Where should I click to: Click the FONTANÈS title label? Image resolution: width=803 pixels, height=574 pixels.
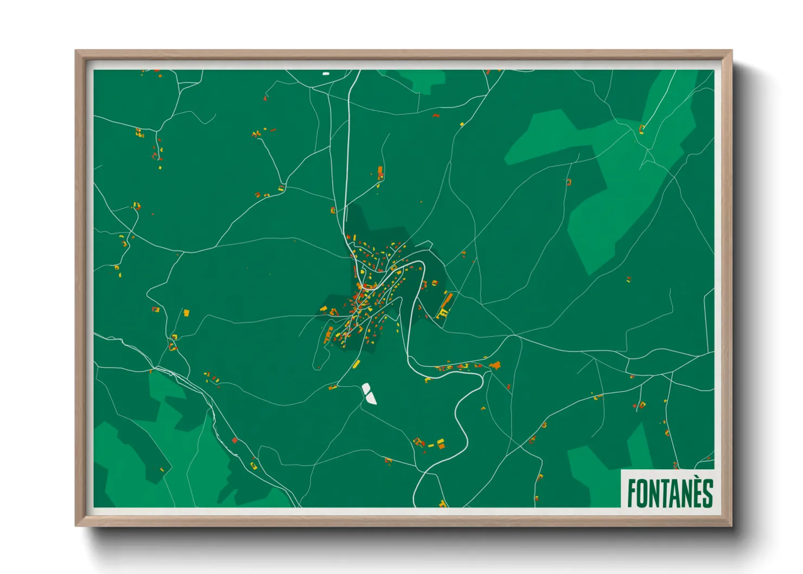tap(669, 493)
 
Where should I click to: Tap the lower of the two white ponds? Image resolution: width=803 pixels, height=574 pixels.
tap(371, 399)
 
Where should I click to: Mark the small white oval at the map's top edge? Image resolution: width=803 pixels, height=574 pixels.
tap(326, 73)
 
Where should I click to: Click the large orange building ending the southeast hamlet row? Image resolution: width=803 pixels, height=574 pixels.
tap(495, 365)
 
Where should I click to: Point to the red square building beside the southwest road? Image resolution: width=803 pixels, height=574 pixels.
tap(234, 440)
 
